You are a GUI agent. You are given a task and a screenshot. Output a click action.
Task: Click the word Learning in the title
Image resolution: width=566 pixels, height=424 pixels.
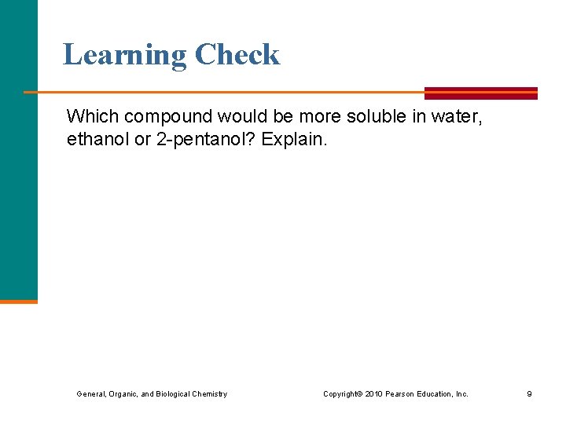125,55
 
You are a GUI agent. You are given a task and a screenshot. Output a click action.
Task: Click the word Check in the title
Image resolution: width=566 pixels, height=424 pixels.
237,55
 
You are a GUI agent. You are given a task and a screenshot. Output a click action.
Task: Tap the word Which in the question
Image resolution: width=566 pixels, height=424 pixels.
88,117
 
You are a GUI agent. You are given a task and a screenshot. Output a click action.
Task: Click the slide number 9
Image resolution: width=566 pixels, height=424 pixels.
529,393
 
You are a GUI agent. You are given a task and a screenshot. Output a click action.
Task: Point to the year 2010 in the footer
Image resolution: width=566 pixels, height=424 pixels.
373,393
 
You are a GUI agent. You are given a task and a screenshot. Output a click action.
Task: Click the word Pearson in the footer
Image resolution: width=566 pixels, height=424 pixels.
401,393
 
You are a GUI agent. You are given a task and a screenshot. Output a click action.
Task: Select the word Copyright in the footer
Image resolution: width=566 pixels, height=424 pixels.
341,393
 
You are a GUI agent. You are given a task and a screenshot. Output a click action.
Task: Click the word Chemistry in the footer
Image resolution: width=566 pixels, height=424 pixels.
209,393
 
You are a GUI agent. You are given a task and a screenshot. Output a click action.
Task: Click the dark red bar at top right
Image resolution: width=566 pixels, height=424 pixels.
481,93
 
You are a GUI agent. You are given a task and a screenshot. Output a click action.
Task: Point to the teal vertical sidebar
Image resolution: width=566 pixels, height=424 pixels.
18,149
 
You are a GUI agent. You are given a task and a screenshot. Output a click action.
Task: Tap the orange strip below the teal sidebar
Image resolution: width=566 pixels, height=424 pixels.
18,301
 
